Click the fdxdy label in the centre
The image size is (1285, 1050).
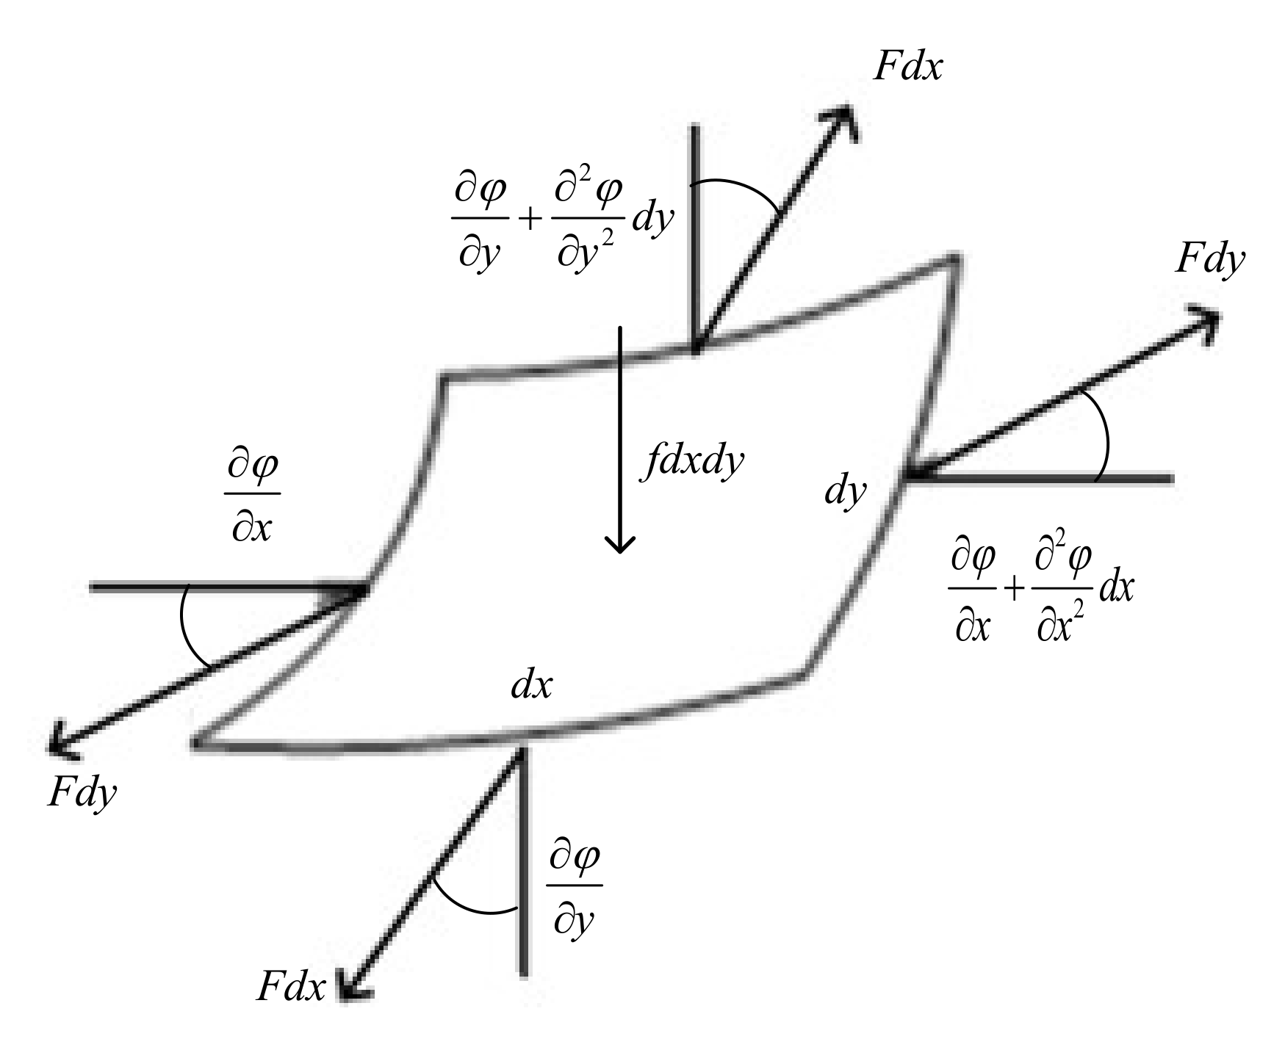click(x=691, y=463)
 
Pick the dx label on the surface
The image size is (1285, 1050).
click(x=531, y=685)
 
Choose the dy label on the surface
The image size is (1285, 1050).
click(x=846, y=491)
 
